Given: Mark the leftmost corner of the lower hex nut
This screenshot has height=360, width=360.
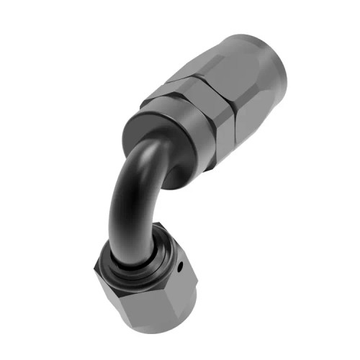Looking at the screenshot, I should (x=94, y=273).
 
